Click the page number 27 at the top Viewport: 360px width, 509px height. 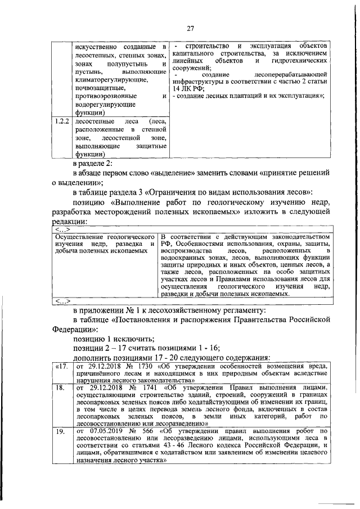click(190, 30)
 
